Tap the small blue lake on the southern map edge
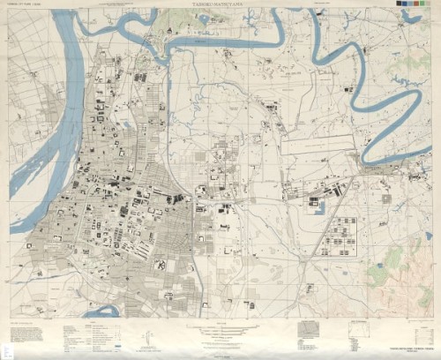tap(102, 311)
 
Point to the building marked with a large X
tap(160, 264)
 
